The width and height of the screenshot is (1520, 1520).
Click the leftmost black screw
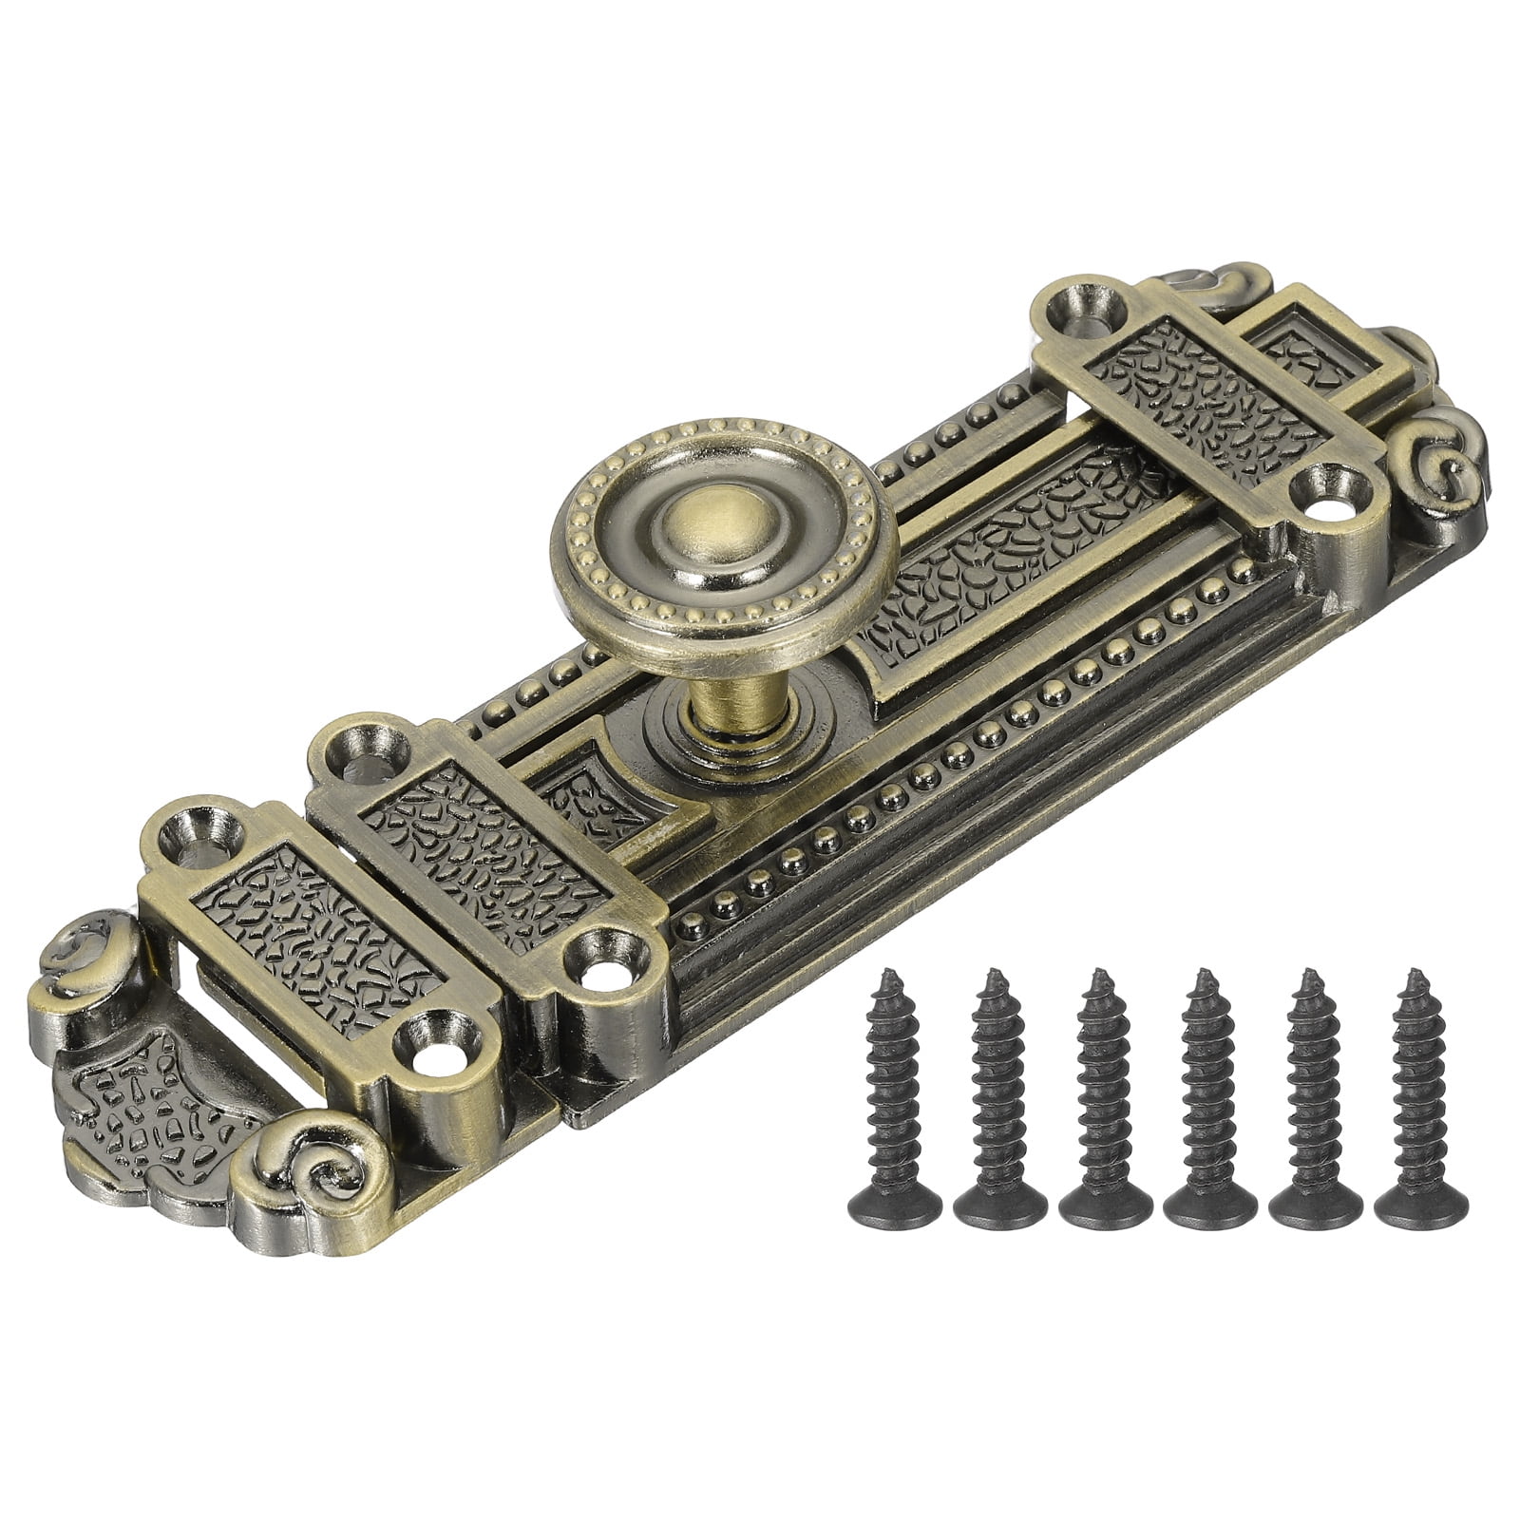pos(893,1092)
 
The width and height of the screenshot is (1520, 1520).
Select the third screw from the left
pos(1104,1092)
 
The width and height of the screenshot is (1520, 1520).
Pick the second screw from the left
pos(997,1092)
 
